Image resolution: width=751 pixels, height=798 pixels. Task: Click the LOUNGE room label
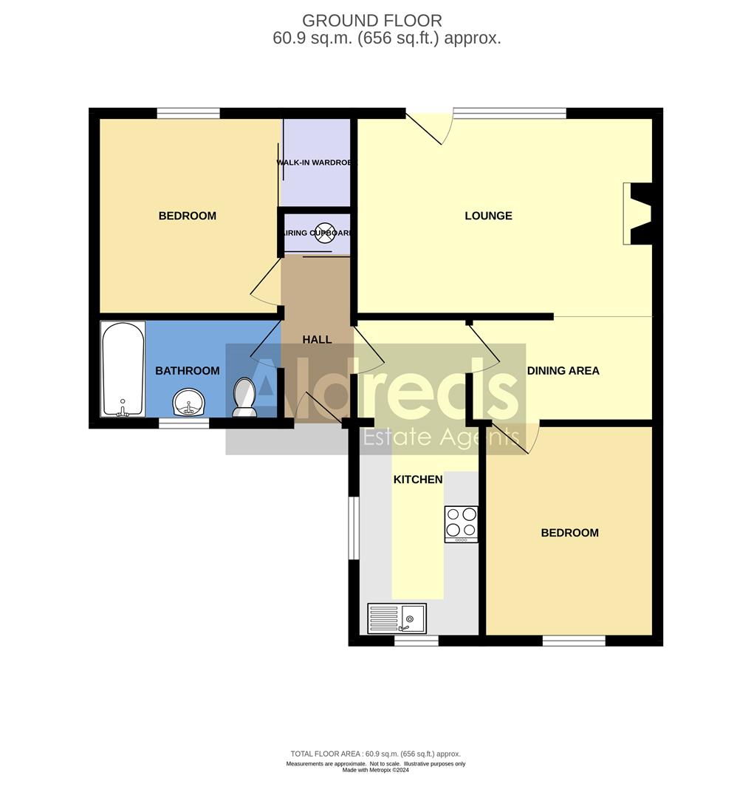click(488, 216)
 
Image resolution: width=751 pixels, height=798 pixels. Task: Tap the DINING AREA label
click(563, 370)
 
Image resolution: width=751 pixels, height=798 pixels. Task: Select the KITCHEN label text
click(418, 480)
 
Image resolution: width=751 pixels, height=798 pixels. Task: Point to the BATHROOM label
click(187, 370)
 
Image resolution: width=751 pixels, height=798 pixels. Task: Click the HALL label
click(317, 339)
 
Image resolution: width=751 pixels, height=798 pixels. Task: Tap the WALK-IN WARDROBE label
click(315, 162)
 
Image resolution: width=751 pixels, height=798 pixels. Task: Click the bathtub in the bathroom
click(123, 369)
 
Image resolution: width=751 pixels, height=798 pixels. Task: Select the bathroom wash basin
click(191, 403)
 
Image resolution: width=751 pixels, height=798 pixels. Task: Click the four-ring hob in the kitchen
click(461, 523)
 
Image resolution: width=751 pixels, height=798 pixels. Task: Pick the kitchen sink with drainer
click(397, 618)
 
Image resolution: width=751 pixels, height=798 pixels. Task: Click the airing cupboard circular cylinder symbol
click(326, 232)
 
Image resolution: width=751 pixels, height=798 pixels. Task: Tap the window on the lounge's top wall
click(510, 113)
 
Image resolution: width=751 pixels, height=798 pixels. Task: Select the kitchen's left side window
click(353, 528)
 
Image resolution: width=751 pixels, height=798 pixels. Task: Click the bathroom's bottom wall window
click(184, 423)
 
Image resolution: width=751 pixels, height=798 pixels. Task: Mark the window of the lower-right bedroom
click(574, 641)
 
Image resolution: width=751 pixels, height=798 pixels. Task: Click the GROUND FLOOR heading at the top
click(372, 20)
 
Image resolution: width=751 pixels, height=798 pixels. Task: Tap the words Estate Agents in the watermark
click(439, 437)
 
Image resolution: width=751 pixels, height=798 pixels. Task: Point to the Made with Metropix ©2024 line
click(376, 771)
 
